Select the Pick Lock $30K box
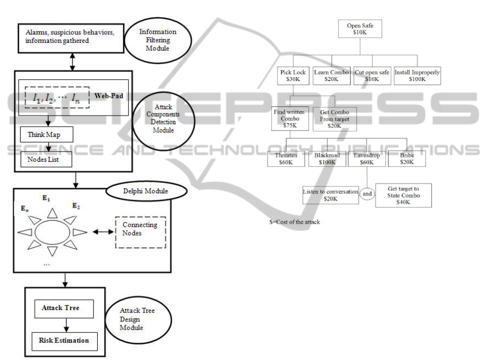pos(294,75)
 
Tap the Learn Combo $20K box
pos(331,75)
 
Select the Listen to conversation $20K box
pos(331,195)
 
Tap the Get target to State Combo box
pos(403,195)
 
